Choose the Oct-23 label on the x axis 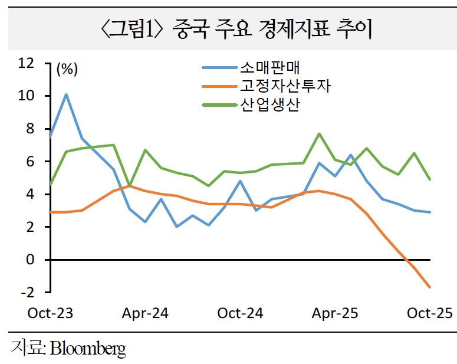50,313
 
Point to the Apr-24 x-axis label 145,313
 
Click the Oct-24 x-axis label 240,313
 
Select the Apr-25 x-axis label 334,313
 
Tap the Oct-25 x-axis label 430,313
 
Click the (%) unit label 67,69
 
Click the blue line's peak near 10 66,94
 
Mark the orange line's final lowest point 430,287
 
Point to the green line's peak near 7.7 319,133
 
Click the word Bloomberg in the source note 88,348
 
